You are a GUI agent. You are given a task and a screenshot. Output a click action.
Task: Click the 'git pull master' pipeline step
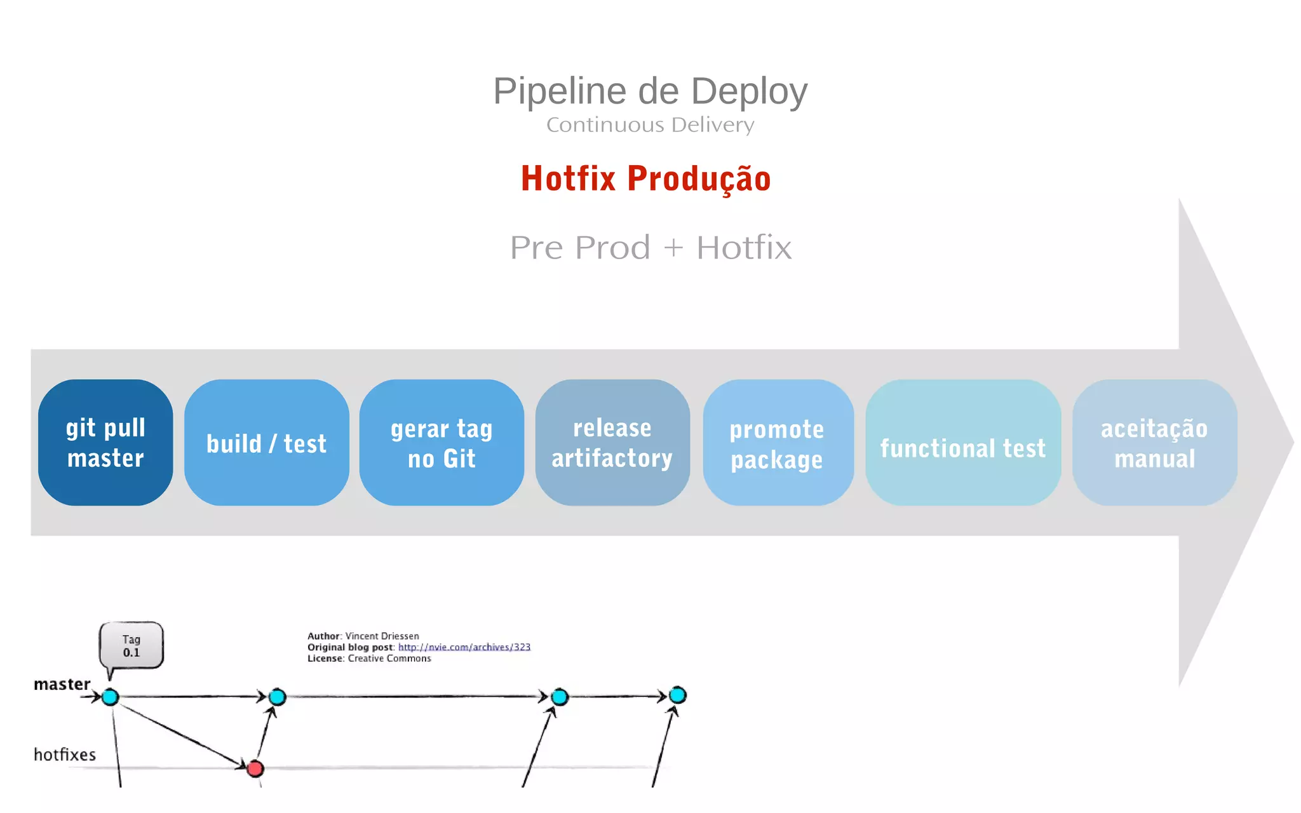coord(105,443)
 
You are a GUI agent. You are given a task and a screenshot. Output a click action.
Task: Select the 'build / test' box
coord(267,443)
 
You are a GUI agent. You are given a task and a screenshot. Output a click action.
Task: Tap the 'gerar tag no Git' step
coord(442,443)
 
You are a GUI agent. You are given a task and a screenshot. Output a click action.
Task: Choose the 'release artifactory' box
coord(612,443)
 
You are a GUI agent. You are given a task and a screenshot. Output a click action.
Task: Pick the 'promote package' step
coord(778,443)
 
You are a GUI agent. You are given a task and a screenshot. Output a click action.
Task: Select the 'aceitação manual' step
coord(1154,443)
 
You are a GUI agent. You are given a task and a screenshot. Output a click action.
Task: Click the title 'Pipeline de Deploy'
coord(650,91)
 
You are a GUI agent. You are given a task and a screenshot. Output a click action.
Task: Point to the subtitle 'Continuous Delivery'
coord(650,124)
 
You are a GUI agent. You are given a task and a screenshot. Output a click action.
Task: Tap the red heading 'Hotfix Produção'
coord(645,178)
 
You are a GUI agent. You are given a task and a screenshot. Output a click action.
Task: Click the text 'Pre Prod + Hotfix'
coord(650,247)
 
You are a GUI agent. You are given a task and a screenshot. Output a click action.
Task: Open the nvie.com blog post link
coord(464,647)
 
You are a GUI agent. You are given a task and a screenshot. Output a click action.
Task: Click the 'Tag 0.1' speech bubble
coord(131,645)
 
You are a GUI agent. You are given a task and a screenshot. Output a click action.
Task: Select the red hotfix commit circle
coord(255,769)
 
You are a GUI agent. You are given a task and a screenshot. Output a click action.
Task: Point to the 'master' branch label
coord(62,684)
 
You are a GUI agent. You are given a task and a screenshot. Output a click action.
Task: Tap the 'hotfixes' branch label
coord(65,755)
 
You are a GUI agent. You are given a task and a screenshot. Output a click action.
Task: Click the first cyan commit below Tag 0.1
coord(111,697)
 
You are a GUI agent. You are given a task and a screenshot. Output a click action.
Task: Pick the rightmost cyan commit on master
coord(678,695)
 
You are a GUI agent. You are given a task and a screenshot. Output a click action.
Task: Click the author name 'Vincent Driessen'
coord(382,636)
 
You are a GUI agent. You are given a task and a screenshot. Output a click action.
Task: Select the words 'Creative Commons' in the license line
coord(389,659)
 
